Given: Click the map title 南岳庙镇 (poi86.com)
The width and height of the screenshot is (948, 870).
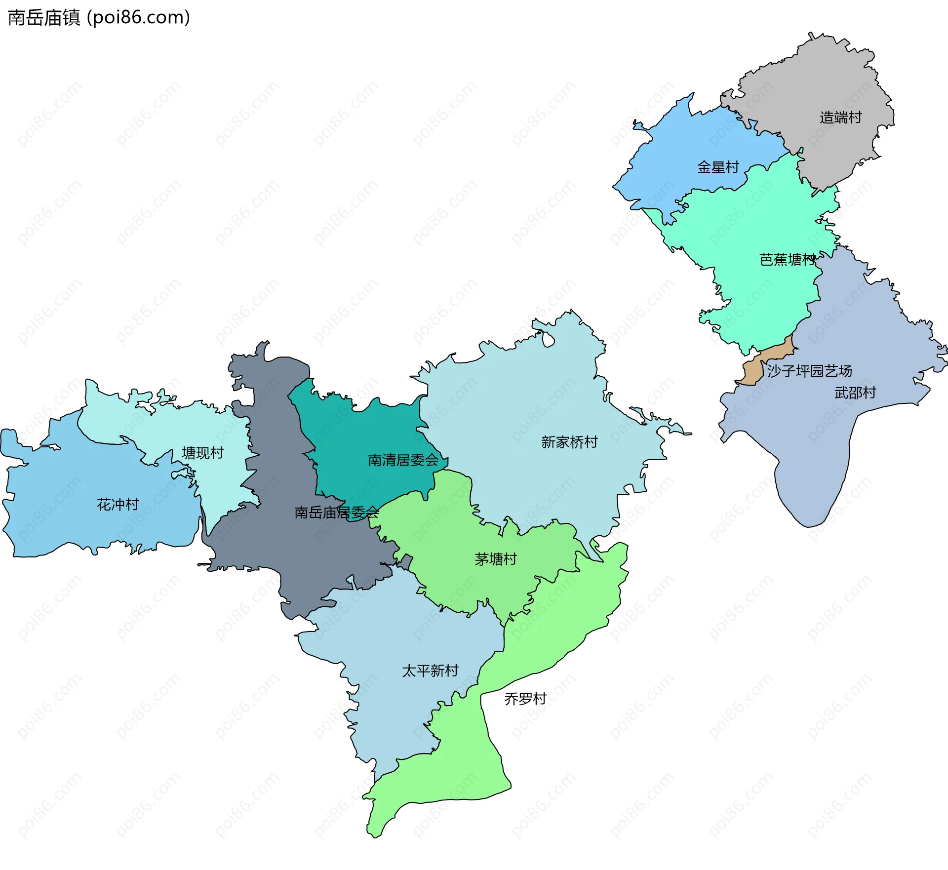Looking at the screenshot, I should [x=99, y=18].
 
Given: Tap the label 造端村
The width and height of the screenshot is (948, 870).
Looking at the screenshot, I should [x=840, y=118].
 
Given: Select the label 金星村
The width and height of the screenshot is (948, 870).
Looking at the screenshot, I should [x=717, y=167].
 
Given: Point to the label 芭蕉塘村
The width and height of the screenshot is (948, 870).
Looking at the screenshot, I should [x=787, y=260].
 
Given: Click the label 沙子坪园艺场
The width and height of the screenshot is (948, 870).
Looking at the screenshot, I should [x=809, y=371].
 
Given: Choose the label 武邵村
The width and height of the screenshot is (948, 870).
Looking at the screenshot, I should [x=855, y=393].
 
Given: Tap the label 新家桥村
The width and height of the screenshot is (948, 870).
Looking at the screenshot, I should [x=569, y=442].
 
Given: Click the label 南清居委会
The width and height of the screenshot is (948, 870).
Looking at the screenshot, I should [x=403, y=460].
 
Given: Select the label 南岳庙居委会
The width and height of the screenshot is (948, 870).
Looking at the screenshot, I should [x=336, y=513].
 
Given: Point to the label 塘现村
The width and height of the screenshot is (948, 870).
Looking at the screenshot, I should [x=202, y=453].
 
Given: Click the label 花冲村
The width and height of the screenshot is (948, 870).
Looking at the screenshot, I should [x=118, y=505].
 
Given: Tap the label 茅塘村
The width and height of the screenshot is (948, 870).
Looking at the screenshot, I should [x=495, y=559].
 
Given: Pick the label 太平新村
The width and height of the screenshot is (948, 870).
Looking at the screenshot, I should [x=430, y=671].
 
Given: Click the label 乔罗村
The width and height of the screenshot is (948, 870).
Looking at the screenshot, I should [x=525, y=699].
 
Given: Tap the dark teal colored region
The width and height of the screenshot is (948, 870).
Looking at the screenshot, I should [x=365, y=435].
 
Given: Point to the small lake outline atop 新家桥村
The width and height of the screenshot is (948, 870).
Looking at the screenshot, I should [x=548, y=340].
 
